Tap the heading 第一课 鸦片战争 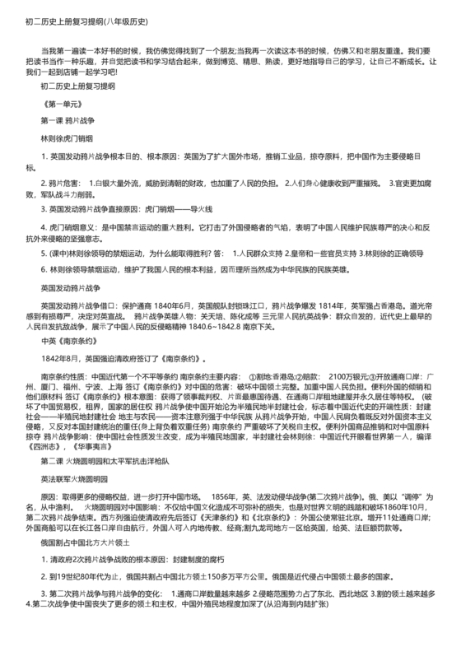78,120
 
